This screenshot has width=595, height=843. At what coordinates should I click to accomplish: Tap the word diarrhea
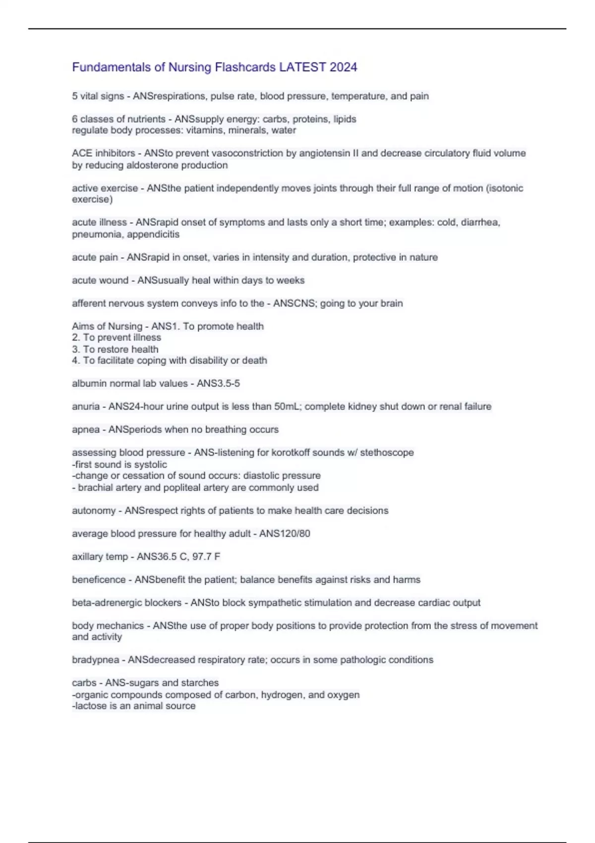point(480,222)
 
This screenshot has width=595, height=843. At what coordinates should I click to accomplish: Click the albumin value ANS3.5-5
point(218,383)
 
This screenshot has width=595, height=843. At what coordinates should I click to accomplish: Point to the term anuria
point(86,406)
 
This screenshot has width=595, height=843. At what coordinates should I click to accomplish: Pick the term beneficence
point(99,580)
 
